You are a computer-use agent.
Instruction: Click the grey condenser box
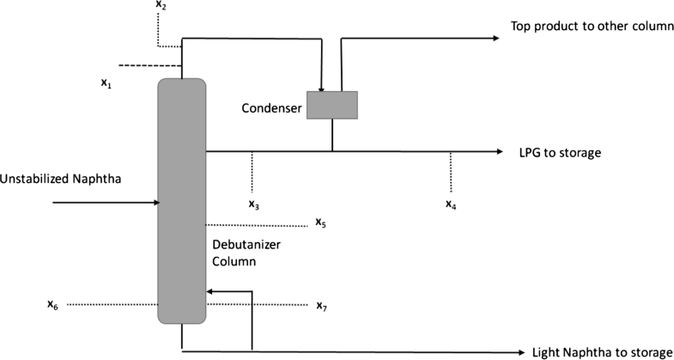pos(332,104)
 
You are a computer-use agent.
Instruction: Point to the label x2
pos(161,6)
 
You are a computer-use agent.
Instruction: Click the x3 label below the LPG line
pos(254,204)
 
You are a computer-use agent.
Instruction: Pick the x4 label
pos(451,204)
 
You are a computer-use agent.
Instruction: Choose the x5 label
pos(320,223)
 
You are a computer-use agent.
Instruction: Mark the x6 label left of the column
pos(53,304)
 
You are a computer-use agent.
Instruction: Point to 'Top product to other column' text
pos(592,26)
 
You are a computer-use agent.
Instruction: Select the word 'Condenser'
pos(270,107)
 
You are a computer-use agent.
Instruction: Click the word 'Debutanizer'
pos(246,245)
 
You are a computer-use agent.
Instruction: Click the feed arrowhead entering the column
pos(157,203)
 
